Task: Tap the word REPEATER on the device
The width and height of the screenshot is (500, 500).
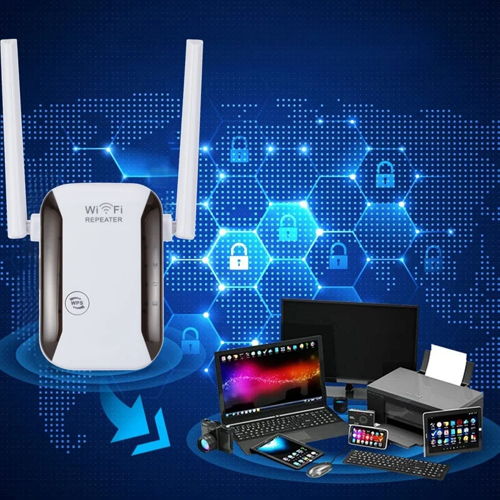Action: pos(104,220)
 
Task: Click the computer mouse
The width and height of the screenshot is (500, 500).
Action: pos(321,469)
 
